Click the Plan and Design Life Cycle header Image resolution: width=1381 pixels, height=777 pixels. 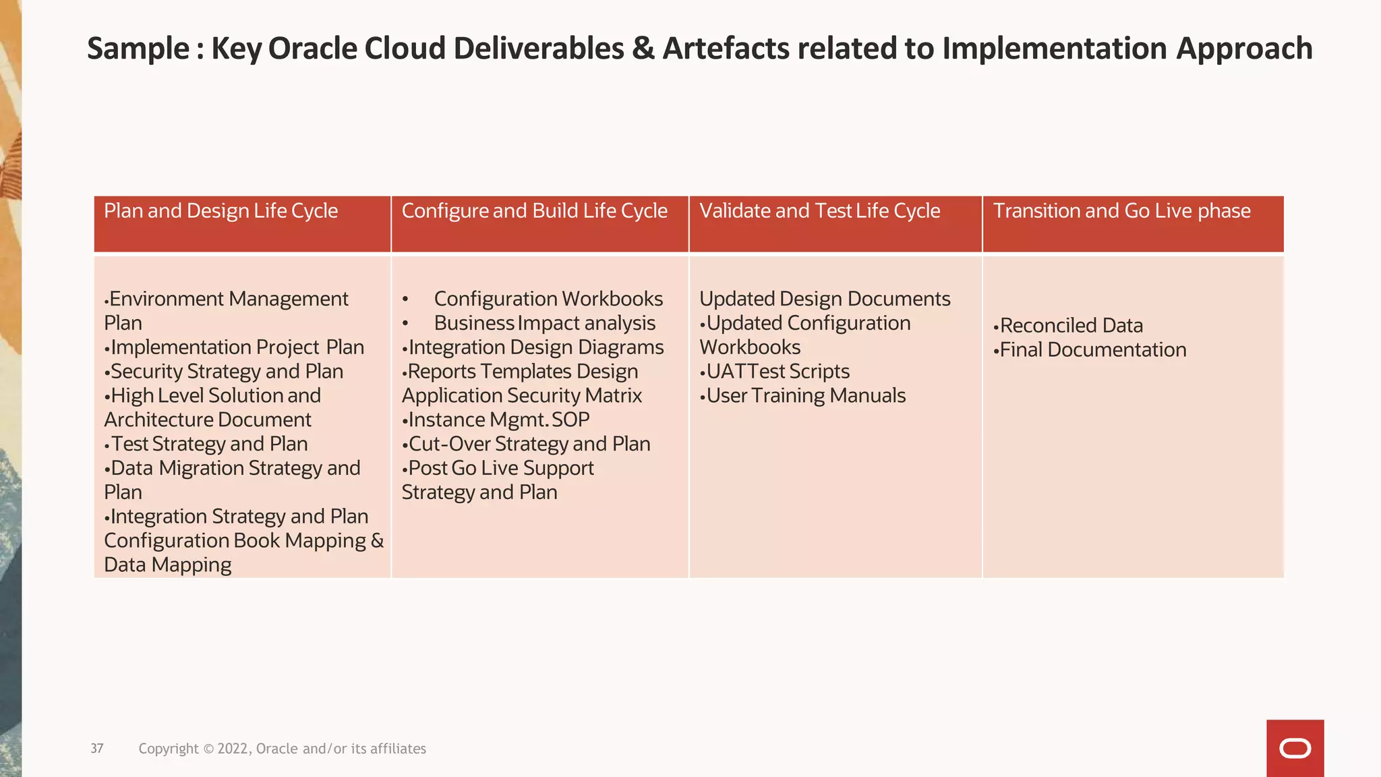click(221, 211)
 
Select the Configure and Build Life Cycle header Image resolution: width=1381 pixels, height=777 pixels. click(534, 211)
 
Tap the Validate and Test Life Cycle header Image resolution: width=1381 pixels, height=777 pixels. click(819, 211)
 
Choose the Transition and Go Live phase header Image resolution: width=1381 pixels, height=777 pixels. click(1121, 211)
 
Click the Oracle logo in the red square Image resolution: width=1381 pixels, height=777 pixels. click(1295, 749)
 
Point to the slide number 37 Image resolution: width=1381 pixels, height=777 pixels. click(97, 749)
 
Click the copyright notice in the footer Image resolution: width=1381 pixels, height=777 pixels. click(282, 749)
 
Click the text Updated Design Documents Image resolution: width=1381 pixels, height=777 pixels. click(824, 299)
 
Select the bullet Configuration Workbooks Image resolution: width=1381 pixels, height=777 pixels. click(548, 299)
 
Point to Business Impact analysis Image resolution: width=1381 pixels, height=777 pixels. click(544, 323)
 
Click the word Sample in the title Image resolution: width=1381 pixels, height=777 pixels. click(138, 49)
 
